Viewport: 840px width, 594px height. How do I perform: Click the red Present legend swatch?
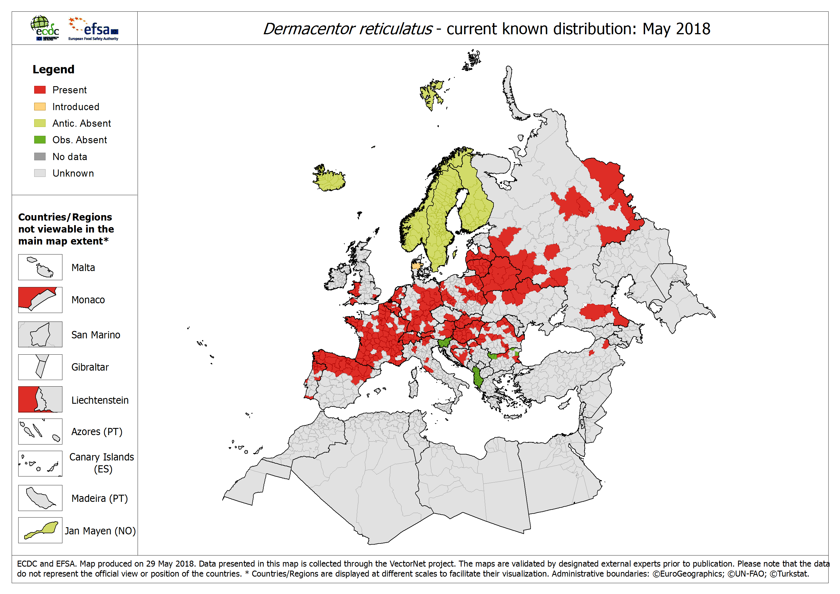pyautogui.click(x=40, y=90)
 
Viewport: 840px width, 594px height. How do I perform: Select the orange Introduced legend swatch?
pyautogui.click(x=40, y=107)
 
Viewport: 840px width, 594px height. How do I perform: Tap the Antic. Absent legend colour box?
pyautogui.click(x=40, y=123)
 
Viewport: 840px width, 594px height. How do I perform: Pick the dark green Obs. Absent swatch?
pyautogui.click(x=40, y=140)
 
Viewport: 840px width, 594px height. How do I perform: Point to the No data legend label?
pyautogui.click(x=70, y=157)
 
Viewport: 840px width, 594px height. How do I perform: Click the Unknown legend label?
pyautogui.click(x=73, y=173)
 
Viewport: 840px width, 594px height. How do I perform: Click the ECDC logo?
pyautogui.click(x=45, y=28)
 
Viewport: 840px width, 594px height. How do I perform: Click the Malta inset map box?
pyautogui.click(x=40, y=267)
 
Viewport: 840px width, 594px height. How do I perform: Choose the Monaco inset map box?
pyautogui.click(x=40, y=300)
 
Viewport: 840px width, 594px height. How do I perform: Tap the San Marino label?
pyautogui.click(x=95, y=335)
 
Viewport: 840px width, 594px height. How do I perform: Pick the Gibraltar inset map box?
pyautogui.click(x=40, y=367)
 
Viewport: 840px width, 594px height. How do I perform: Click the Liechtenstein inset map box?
pyautogui.click(x=40, y=399)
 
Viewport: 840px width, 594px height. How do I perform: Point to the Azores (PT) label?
pyautogui.click(x=97, y=432)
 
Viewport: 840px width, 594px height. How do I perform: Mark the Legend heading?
pyautogui.click(x=53, y=69)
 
